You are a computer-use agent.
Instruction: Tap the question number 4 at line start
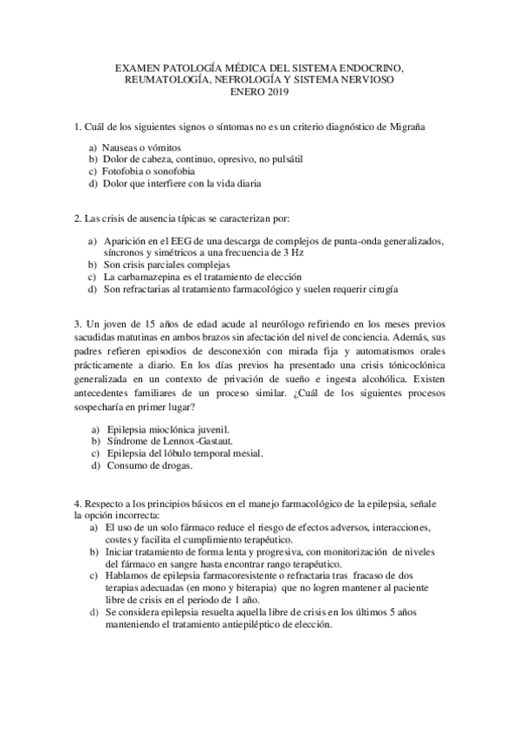77,504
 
